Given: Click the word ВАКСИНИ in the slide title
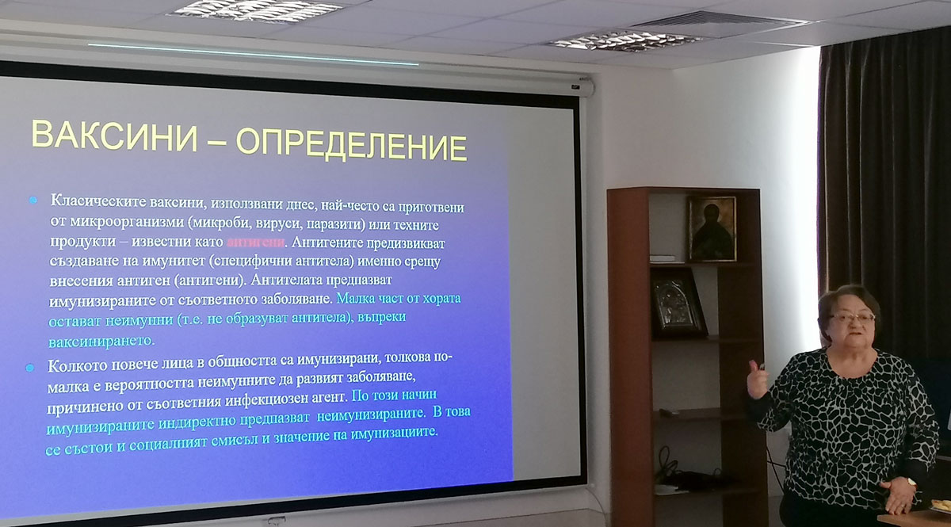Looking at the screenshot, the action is (115, 136).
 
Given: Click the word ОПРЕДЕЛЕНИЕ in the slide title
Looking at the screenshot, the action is (352, 145).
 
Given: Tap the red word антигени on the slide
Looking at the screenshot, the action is (255, 242).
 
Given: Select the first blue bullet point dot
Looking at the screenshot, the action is (33, 200).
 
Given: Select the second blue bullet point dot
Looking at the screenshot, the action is (30, 368).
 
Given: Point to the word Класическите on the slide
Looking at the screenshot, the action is (98, 200).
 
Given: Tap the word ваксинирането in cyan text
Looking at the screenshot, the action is (101, 341).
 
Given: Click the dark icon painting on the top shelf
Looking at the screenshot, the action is (712, 228).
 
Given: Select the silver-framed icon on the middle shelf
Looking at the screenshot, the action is (678, 303).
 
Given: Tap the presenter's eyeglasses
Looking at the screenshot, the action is (853, 318).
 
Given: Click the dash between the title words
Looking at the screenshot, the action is (216, 140).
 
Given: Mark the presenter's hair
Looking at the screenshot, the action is (847, 306).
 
